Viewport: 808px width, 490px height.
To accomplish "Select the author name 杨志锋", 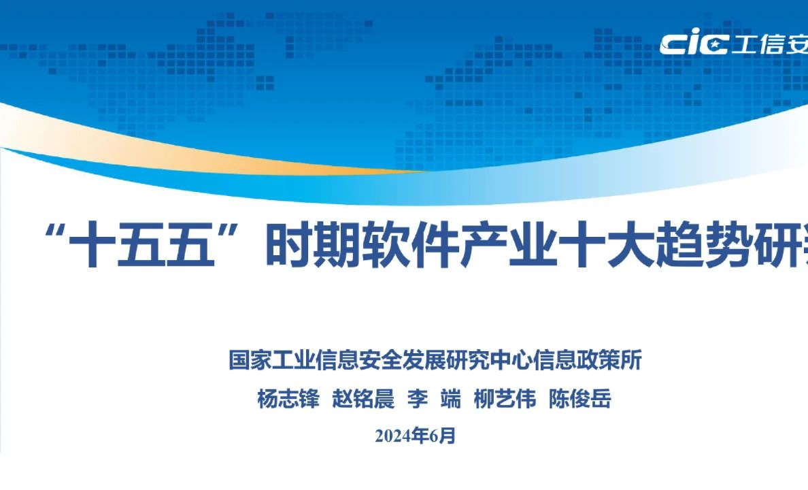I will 288,399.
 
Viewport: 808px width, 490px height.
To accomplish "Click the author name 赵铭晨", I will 363,399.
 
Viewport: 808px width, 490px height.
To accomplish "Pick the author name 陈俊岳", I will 580,399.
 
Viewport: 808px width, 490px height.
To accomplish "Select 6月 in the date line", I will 443,436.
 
